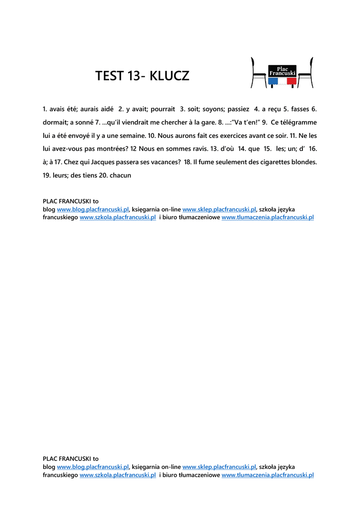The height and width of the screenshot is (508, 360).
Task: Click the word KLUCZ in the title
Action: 169,76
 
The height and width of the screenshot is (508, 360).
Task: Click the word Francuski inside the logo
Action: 282,73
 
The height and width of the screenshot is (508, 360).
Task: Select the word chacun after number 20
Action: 120,175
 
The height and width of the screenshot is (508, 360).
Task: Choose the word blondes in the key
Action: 302,162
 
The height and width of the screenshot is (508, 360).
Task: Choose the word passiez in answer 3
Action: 238,109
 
